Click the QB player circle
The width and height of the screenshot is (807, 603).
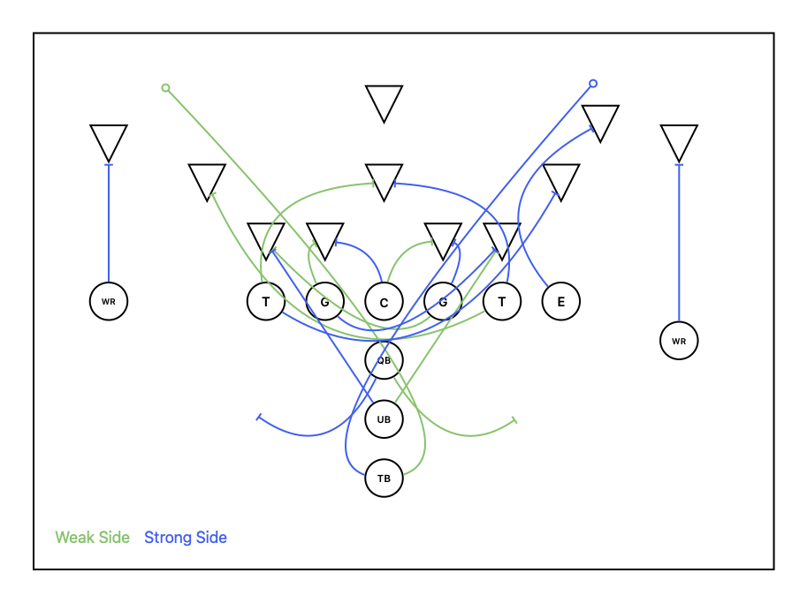click(384, 360)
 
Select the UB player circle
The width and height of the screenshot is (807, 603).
click(384, 419)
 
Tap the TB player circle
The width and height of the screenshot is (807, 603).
click(384, 479)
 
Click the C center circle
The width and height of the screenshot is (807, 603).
click(384, 301)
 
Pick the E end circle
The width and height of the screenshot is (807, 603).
click(561, 301)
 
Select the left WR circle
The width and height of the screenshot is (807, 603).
click(109, 301)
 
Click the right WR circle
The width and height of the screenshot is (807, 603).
click(679, 340)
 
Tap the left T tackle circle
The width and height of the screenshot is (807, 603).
click(265, 301)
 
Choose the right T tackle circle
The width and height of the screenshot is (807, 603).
click(502, 301)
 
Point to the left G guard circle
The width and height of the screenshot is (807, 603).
click(324, 301)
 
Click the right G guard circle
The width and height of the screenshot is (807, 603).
click(443, 301)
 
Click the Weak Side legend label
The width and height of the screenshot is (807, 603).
click(93, 537)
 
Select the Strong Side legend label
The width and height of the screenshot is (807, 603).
click(186, 537)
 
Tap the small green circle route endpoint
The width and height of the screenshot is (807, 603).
click(165, 88)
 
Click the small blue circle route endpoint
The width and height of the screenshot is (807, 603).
click(593, 83)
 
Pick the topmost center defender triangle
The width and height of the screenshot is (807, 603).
click(384, 101)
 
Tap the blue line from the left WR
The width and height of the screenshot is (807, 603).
click(109, 223)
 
